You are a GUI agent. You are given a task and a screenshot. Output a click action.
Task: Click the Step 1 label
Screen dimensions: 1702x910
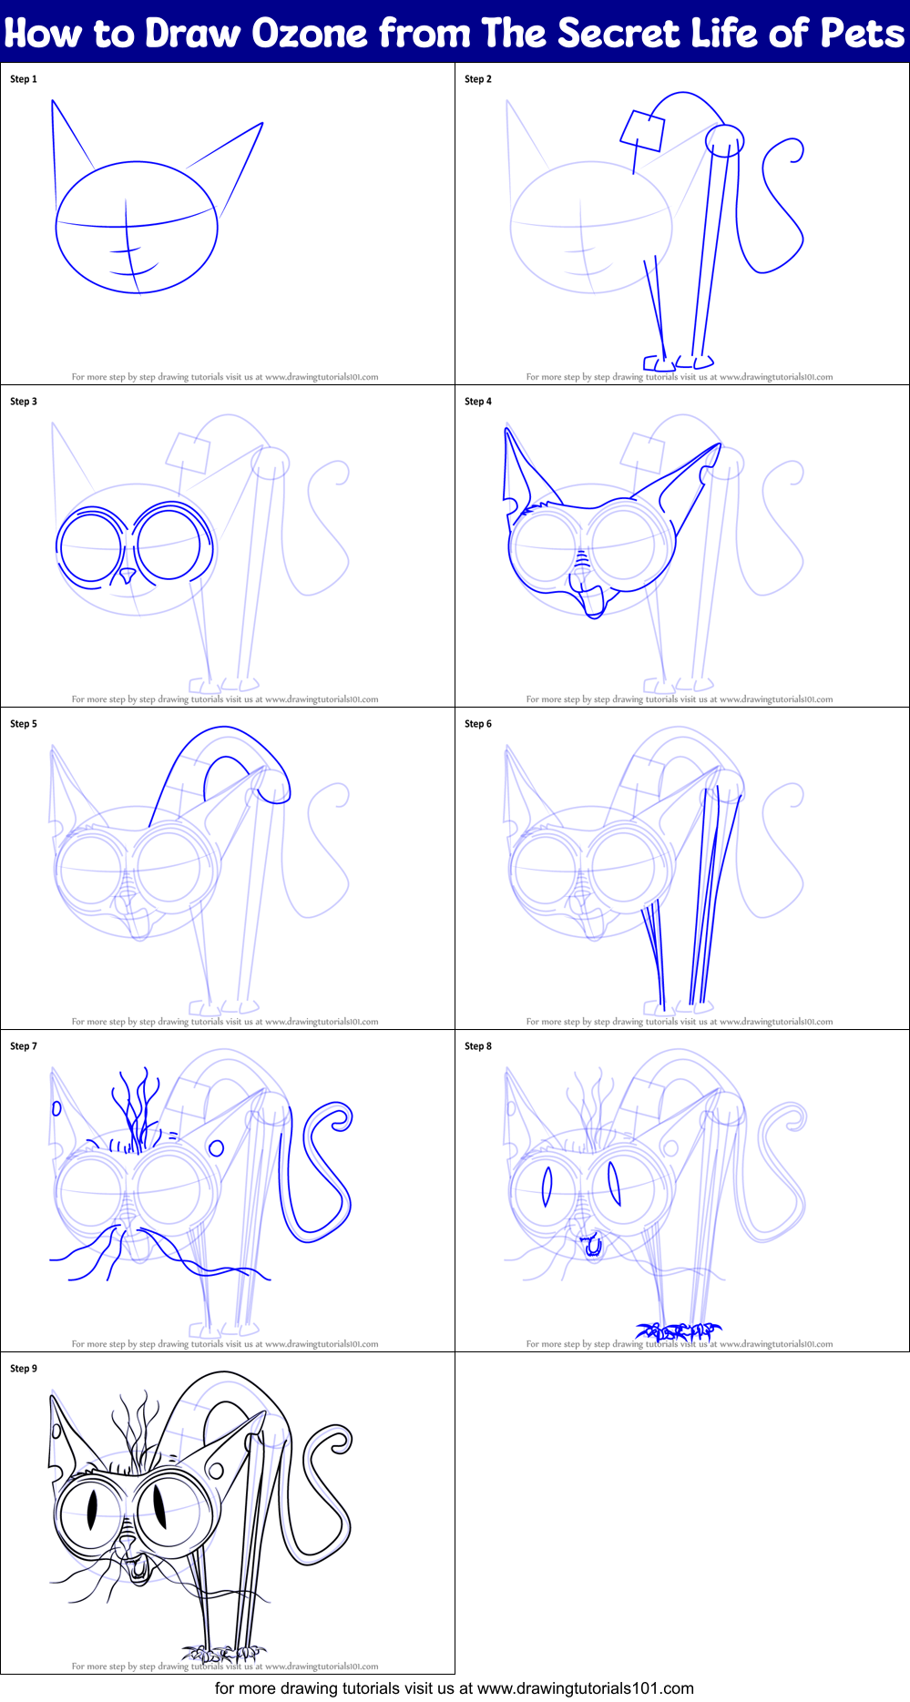(x=24, y=79)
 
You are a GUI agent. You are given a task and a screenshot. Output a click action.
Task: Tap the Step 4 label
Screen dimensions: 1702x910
(x=478, y=402)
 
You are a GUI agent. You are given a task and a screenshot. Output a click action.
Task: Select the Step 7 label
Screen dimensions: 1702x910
(x=24, y=1046)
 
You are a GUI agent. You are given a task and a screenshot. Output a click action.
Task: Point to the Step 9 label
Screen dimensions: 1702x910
(x=24, y=1369)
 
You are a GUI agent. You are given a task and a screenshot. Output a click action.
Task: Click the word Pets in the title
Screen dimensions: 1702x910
(x=862, y=34)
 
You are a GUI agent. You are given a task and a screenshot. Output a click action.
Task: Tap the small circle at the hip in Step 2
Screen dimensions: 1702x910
(x=725, y=140)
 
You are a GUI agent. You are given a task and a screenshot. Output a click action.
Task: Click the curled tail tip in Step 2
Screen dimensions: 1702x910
(x=796, y=150)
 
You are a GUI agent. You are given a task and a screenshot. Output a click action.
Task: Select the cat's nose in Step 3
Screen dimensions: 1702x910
(x=128, y=576)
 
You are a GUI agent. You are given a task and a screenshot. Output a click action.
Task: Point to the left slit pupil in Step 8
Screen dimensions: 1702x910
(x=547, y=1187)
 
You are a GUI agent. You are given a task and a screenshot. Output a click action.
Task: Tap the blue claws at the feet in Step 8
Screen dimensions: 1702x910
(x=679, y=1332)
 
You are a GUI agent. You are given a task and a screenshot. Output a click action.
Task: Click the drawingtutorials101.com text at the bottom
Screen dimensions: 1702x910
(x=586, y=1689)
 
